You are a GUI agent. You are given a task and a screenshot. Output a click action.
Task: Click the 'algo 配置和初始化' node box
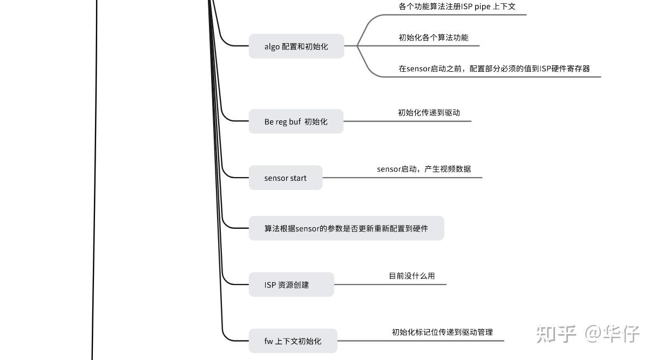[x=296, y=46]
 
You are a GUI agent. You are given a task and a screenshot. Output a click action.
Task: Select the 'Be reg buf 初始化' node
[x=296, y=121]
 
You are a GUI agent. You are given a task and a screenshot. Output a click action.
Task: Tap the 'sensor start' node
[x=285, y=178]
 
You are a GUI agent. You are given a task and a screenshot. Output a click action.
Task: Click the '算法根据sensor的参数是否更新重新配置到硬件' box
[x=346, y=228]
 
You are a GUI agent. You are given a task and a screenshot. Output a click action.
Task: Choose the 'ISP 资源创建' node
[x=291, y=284]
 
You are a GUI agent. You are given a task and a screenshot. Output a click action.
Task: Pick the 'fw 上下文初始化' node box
[x=293, y=341]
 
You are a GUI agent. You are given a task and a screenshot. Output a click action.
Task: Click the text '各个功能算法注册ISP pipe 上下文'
[x=457, y=7]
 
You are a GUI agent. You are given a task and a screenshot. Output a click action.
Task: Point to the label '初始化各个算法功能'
[x=434, y=38]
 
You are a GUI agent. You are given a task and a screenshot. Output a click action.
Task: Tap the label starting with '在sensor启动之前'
[x=494, y=69]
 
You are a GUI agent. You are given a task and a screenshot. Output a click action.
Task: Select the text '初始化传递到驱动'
[x=429, y=113]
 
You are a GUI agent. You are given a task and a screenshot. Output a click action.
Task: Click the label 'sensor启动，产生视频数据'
[x=424, y=169]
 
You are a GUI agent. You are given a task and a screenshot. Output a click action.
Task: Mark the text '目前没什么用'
[x=412, y=276]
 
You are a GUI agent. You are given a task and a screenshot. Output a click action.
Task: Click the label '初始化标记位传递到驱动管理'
[x=442, y=332]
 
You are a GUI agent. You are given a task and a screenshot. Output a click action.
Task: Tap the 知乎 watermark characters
[x=556, y=334]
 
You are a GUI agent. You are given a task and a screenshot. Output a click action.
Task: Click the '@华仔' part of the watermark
[x=613, y=334]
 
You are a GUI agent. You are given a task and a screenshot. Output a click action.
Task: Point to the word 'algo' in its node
[x=272, y=46]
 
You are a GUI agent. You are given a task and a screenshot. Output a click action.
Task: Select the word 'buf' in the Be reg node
[x=295, y=121]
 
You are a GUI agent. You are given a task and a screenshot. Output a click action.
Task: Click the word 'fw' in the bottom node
[x=268, y=341]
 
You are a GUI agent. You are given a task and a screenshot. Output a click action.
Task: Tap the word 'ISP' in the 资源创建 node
[x=270, y=284]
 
